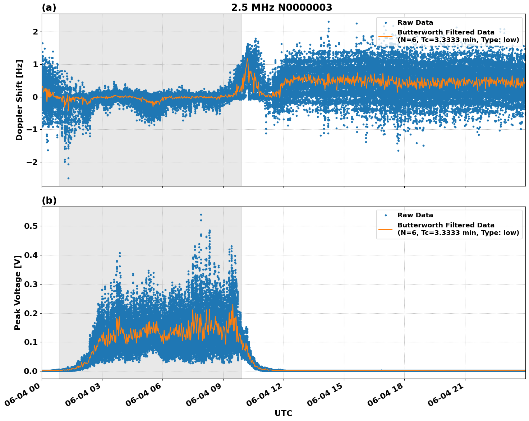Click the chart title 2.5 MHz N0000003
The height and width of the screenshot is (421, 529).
point(281,8)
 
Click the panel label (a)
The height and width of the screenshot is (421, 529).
point(49,8)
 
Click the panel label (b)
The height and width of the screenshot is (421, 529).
point(49,200)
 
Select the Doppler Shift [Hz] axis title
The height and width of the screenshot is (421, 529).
point(19,100)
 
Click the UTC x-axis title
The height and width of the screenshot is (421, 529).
point(283,413)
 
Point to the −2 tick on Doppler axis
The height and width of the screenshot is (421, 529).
point(32,162)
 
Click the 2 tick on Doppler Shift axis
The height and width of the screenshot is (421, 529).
point(35,32)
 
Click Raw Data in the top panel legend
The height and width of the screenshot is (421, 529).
point(415,23)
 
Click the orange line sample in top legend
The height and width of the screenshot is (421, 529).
point(386,36)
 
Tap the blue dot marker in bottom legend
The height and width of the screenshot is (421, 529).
point(386,215)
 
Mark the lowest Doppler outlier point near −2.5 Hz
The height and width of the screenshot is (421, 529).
point(68,178)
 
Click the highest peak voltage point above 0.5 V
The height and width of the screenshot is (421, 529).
point(201,214)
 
